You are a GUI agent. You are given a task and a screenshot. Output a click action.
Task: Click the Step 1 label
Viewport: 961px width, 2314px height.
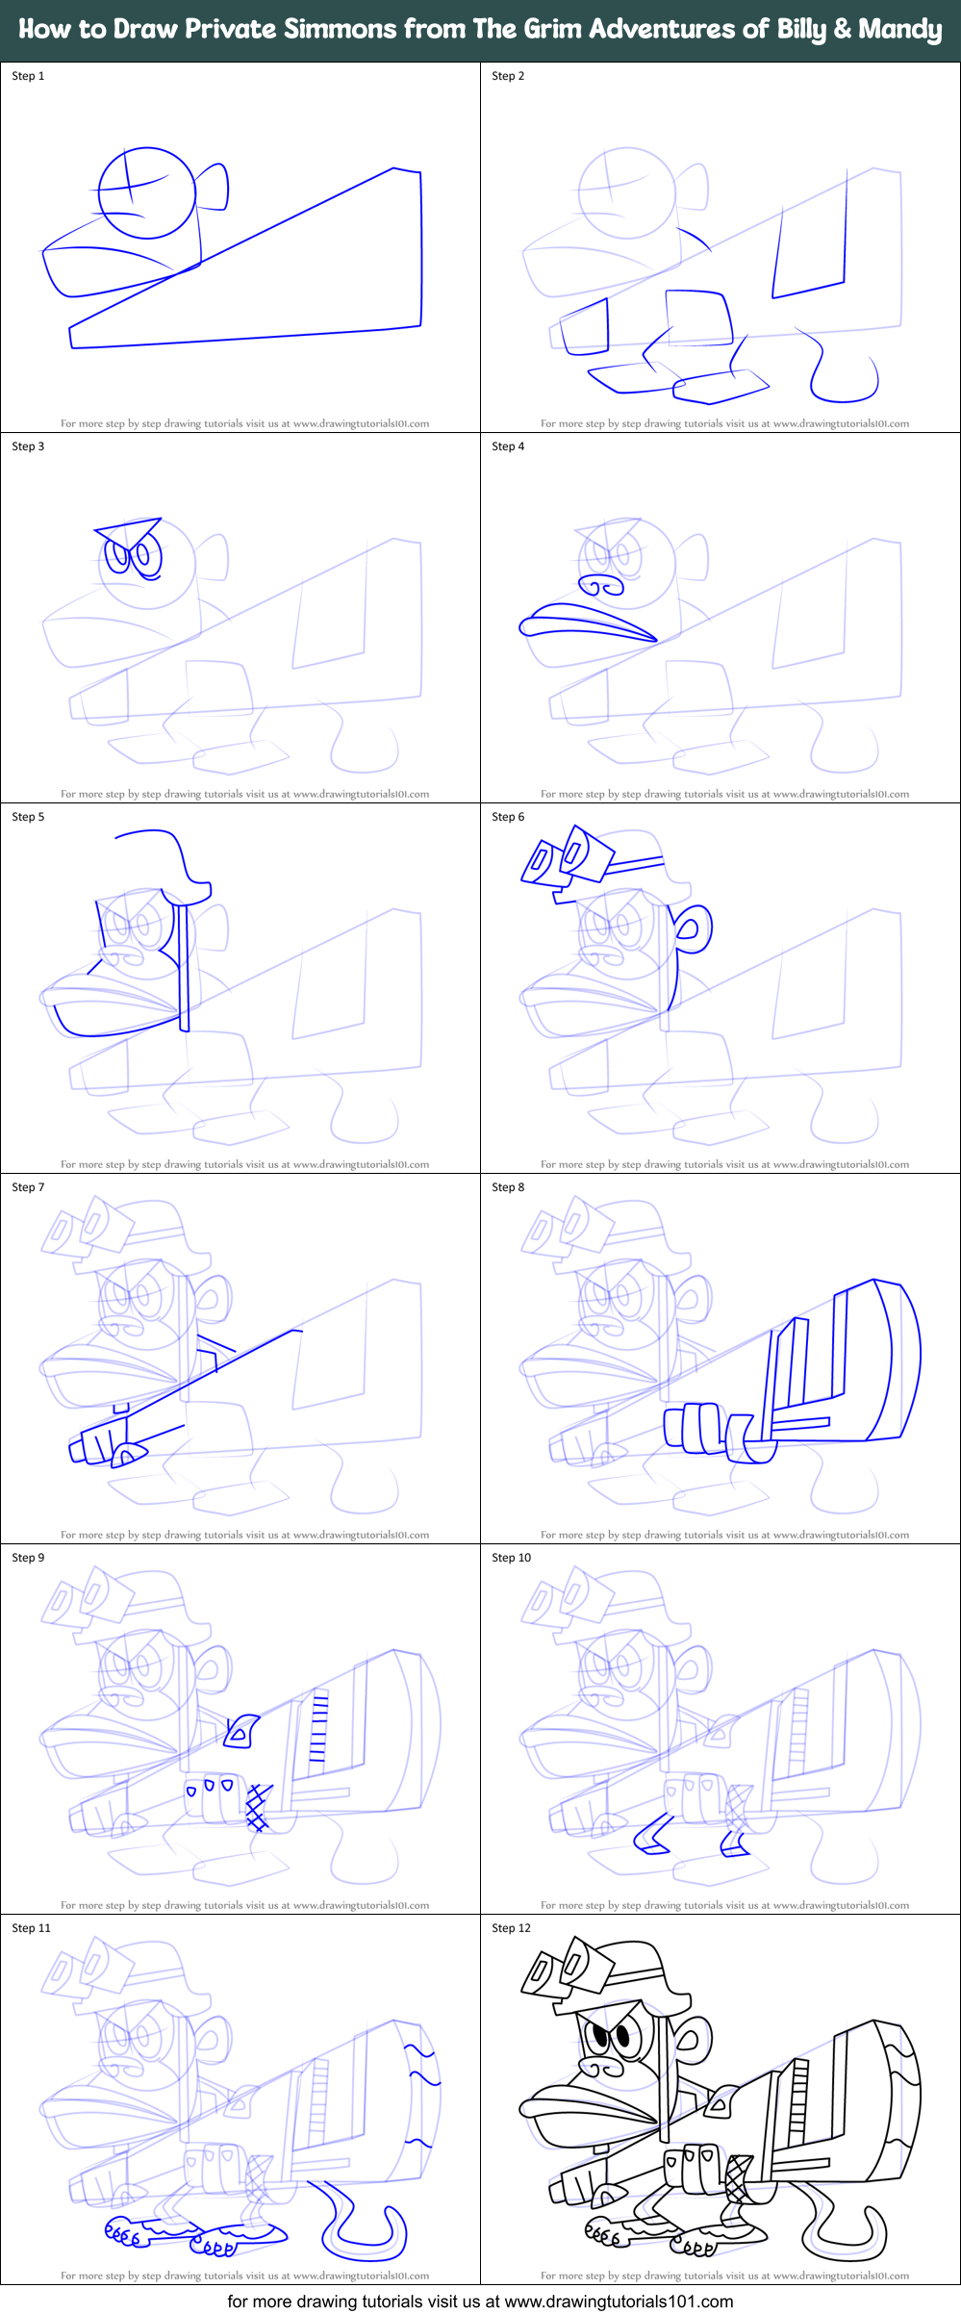(28, 76)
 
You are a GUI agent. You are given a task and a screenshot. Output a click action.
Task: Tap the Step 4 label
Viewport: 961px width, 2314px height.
(508, 446)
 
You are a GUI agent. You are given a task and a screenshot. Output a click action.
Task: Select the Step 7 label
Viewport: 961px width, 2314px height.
(28, 1187)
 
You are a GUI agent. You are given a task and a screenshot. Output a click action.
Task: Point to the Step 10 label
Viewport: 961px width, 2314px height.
(511, 1558)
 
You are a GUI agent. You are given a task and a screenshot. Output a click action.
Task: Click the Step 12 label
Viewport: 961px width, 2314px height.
(511, 1928)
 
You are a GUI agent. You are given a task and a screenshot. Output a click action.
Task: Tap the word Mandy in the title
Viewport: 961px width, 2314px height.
(899, 29)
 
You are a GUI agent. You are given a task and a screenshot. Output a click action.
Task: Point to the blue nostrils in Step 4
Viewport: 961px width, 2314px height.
(601, 585)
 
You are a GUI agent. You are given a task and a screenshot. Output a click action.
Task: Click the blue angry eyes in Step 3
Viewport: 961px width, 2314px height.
(133, 556)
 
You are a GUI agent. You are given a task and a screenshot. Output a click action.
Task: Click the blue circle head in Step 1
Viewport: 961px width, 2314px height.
(147, 192)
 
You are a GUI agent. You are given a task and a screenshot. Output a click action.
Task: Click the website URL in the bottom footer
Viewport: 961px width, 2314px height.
(619, 2301)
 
